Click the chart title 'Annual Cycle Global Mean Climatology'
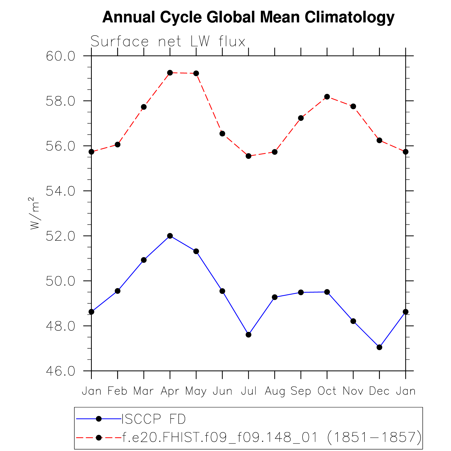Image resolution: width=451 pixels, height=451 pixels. [248, 17]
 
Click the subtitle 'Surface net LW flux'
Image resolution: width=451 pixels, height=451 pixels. [168, 42]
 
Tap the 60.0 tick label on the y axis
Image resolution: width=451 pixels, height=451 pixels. [60, 56]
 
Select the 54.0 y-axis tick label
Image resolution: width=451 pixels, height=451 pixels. [60, 191]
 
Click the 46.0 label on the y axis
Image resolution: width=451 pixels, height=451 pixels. [60, 371]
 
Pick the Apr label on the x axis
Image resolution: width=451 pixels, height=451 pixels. [170, 391]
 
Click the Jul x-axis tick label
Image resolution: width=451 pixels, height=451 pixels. [248, 391]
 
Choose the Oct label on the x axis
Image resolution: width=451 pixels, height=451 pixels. [327, 391]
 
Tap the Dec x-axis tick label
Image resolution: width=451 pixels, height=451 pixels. [379, 391]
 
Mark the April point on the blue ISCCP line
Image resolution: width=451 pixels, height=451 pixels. [170, 236]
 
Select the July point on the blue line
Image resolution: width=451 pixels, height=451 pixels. [248, 335]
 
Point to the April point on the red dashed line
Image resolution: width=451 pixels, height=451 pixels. [170, 73]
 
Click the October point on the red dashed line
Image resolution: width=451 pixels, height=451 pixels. [327, 97]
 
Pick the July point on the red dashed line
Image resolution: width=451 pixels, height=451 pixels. [248, 156]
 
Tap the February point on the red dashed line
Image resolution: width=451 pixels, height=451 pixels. [118, 144]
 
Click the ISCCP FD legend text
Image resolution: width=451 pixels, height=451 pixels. [154, 419]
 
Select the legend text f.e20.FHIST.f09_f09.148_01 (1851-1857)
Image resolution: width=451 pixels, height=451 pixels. [272, 438]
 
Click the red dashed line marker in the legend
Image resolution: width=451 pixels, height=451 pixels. [99, 438]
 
